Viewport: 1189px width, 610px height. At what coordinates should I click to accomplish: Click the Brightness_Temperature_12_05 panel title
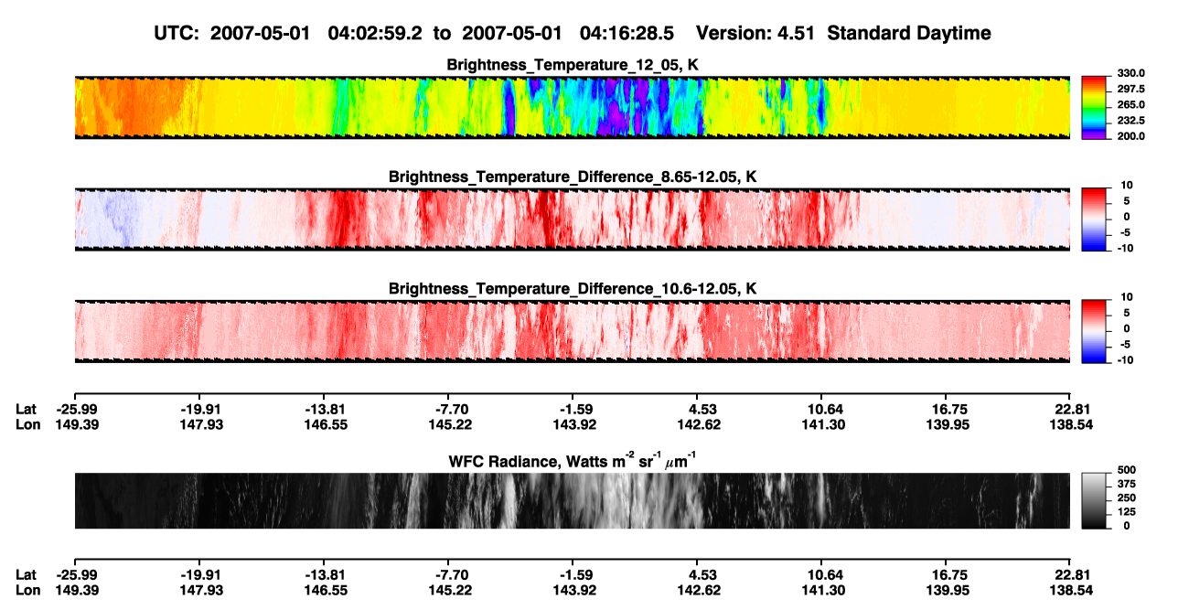pyautogui.click(x=573, y=65)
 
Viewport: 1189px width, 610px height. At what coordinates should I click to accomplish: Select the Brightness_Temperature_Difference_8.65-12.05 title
pyautogui.click(x=573, y=177)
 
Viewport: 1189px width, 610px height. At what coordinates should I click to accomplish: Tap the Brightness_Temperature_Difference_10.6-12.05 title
pyautogui.click(x=573, y=289)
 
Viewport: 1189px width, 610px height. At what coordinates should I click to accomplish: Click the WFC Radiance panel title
pyautogui.click(x=573, y=461)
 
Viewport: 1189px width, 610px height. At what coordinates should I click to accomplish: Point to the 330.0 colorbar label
pyautogui.click(x=1130, y=73)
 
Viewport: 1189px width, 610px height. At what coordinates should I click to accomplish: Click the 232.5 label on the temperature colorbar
pyautogui.click(x=1130, y=121)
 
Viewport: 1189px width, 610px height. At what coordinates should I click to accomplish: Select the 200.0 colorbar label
pyautogui.click(x=1130, y=136)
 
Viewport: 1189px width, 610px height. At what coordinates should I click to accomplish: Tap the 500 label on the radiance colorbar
pyautogui.click(x=1127, y=470)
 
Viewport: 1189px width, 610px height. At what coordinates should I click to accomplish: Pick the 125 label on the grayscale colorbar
pyautogui.click(x=1127, y=512)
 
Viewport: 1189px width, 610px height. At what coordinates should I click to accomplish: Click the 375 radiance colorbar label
pyautogui.click(x=1127, y=484)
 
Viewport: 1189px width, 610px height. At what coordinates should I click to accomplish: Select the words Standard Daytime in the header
pyautogui.click(x=909, y=33)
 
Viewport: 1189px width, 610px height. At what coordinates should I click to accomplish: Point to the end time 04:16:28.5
pyautogui.click(x=627, y=33)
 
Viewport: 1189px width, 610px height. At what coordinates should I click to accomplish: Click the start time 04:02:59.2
pyautogui.click(x=375, y=33)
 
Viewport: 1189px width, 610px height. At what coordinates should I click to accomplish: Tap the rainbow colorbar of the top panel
pyautogui.click(x=1094, y=108)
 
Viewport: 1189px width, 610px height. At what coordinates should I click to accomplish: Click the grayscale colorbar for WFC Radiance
pyautogui.click(x=1094, y=500)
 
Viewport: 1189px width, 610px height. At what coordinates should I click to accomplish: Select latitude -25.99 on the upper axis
pyautogui.click(x=77, y=410)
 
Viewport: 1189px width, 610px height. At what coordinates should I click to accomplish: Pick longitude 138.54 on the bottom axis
pyautogui.click(x=1071, y=591)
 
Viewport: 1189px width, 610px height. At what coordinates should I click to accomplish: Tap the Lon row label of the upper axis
pyautogui.click(x=27, y=424)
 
